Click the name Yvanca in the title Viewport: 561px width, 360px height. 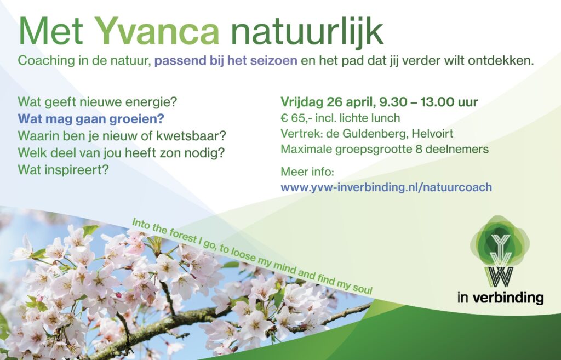157,31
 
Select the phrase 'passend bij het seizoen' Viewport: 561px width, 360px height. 226,61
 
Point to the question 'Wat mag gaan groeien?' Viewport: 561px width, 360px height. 91,119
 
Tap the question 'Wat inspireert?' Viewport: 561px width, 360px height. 63,170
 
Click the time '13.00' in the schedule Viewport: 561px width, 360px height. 436,102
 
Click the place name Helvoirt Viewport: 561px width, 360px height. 432,134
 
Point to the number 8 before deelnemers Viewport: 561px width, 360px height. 419,149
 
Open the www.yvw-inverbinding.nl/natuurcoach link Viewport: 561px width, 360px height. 386,187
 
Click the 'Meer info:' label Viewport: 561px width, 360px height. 307,172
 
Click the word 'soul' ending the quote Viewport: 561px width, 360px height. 363,288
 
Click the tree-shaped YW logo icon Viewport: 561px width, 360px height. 500,251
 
